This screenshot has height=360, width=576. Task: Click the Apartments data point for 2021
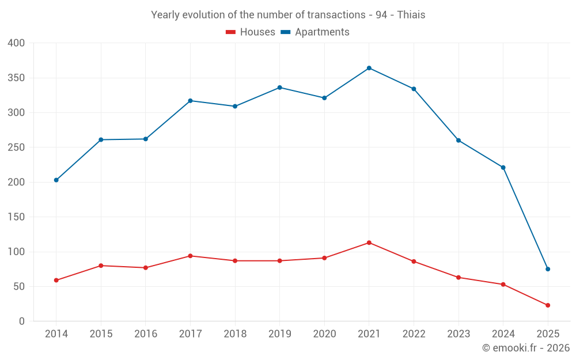point(369,68)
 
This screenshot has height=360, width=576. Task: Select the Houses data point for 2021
point(369,242)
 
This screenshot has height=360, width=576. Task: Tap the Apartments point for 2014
point(56,180)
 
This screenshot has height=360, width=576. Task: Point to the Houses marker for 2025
point(548,305)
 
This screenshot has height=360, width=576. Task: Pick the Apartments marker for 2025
point(548,269)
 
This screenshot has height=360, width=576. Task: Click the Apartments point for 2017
point(190,101)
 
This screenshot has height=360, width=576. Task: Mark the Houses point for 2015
point(101,266)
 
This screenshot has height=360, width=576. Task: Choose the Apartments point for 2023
point(458,141)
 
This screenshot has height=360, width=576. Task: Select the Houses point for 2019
point(280,261)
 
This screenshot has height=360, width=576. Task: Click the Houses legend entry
point(251,32)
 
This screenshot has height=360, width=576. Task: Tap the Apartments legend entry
point(315,32)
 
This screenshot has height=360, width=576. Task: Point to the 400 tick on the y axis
point(17,43)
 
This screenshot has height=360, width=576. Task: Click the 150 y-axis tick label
point(17,217)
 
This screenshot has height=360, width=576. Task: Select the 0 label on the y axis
point(22,321)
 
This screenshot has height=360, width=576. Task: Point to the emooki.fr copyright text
point(526,348)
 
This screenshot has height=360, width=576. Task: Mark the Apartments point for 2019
point(280,88)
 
